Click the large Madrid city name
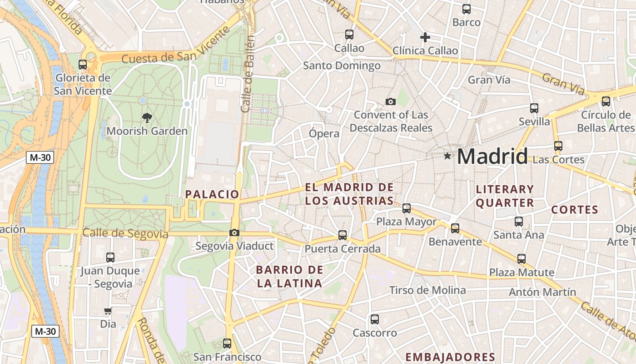point(492,156)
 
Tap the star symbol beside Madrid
point(447,156)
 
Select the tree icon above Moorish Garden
point(147,118)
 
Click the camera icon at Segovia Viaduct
point(234,233)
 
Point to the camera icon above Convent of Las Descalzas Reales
point(390,101)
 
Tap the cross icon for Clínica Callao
point(425,37)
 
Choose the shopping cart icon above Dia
point(108,311)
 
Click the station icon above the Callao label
point(349,34)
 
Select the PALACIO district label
point(212,194)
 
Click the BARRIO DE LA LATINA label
point(289,277)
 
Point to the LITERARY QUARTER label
point(505,196)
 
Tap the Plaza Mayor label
point(406,222)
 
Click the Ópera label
point(324,134)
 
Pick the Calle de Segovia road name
point(125,234)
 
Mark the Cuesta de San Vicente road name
point(176,50)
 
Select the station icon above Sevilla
point(534,108)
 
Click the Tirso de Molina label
point(427,290)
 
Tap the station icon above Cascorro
point(374,319)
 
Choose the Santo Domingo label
point(342,66)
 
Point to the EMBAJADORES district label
point(450,357)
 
